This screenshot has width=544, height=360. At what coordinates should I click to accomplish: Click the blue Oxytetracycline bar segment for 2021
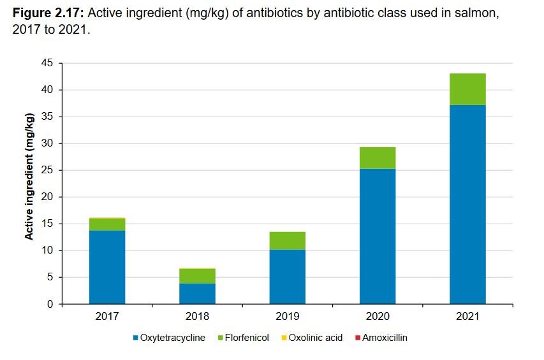[467, 204]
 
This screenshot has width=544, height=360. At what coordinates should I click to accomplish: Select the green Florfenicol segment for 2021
[467, 89]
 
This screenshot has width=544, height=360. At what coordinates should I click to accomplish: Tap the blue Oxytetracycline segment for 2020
[378, 236]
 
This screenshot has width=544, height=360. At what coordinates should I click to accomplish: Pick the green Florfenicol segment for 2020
[378, 158]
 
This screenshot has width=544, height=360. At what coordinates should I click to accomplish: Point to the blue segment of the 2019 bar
[287, 277]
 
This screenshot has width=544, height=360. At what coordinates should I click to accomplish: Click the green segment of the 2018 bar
[197, 276]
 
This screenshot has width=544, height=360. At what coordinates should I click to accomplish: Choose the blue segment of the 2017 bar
[107, 267]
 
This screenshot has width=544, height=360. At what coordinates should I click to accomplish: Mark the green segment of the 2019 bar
[287, 241]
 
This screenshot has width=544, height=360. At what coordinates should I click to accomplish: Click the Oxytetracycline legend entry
[168, 338]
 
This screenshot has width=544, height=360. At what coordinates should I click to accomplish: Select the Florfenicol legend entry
[242, 338]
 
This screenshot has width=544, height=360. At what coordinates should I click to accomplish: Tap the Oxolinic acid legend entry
[312, 338]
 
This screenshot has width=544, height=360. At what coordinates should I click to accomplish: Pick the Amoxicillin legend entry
[381, 338]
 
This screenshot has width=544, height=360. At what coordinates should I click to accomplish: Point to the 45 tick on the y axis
[47, 63]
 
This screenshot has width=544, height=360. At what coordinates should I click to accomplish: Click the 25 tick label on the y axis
[47, 170]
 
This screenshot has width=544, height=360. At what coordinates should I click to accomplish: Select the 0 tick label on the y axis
[50, 304]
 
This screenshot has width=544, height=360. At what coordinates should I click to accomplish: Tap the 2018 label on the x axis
[197, 316]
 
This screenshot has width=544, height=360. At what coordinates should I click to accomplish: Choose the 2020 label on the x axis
[378, 316]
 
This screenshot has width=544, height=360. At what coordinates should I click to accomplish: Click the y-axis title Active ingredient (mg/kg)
[29, 184]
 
